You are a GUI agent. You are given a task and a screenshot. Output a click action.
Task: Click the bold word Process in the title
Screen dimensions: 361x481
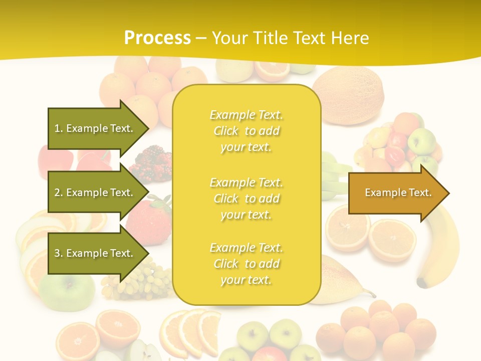coord(157,38)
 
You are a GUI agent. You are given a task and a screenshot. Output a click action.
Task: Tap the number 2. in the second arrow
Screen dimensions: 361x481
coord(59,193)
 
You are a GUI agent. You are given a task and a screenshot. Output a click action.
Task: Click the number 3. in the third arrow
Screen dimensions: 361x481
coord(59,253)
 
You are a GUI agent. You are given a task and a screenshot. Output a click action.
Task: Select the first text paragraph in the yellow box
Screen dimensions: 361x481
coord(246,131)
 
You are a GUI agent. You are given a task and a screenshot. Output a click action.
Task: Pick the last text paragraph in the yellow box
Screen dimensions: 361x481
coord(246,264)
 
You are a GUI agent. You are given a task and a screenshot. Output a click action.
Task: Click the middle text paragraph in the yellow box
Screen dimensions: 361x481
coord(246,199)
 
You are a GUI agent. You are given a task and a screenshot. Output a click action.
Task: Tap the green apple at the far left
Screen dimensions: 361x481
coord(68,291)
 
